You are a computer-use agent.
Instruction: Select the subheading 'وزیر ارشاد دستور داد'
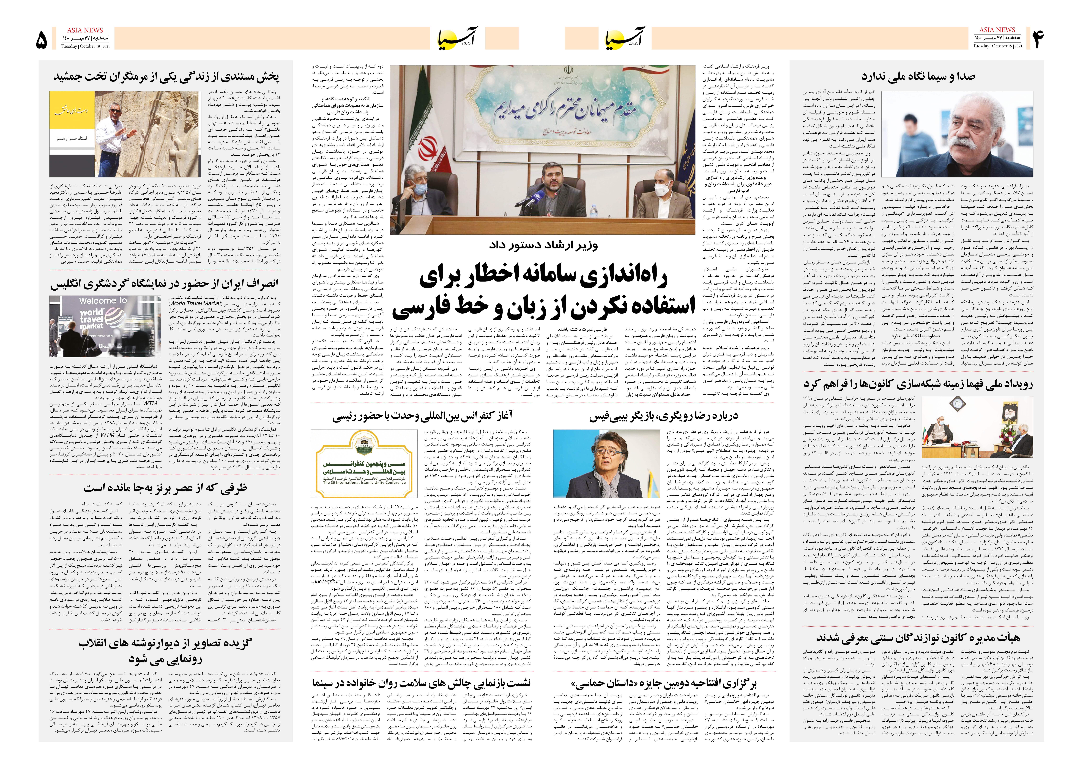pos(543,246)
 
